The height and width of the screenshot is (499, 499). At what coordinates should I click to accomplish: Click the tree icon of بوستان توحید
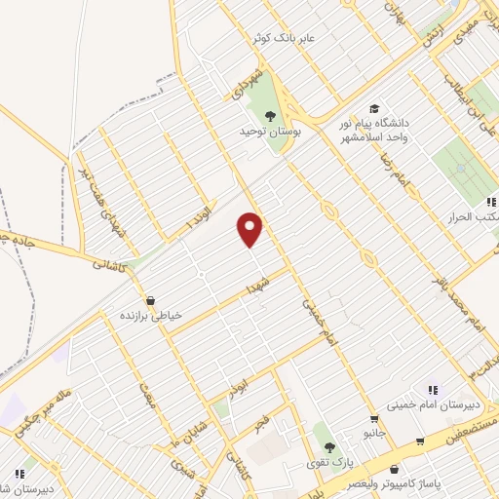point(271,115)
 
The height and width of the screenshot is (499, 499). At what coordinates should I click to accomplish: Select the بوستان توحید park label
point(271,130)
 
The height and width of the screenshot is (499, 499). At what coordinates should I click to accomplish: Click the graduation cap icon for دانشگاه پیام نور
point(373,108)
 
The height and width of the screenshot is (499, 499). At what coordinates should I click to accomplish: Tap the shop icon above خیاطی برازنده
point(150,301)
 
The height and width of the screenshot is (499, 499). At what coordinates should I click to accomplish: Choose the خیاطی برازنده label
point(150,316)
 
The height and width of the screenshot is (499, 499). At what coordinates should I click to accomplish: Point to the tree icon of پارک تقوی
point(329,447)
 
